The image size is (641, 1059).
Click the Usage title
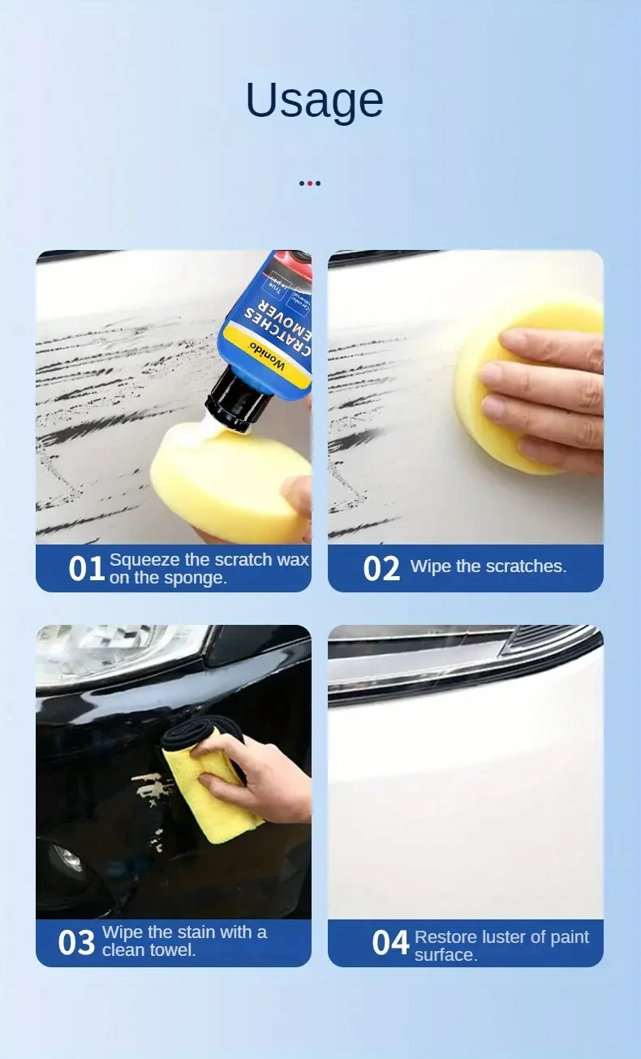tap(314, 101)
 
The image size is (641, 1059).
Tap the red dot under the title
tap(310, 183)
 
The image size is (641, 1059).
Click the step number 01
tap(86, 569)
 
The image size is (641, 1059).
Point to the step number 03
tap(76, 943)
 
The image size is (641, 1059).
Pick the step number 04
tap(390, 943)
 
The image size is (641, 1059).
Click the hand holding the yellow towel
tap(260, 771)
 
